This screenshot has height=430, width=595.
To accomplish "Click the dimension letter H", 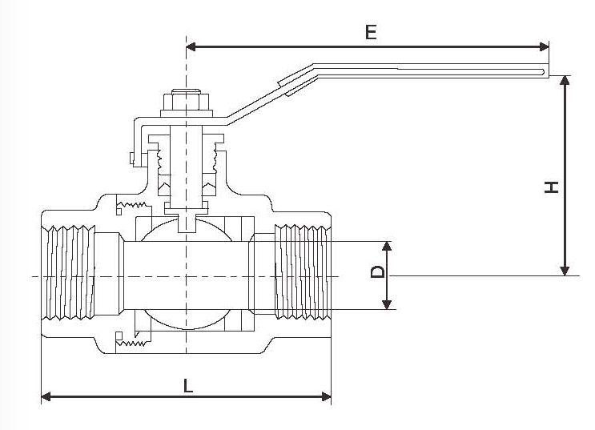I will point(551,187).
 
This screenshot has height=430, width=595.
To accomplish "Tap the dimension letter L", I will point(187,385).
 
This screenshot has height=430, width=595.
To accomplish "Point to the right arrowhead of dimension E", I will point(545,46).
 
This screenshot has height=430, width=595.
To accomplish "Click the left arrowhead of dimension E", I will point(191,46).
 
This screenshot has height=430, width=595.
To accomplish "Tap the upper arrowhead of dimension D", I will point(387,246).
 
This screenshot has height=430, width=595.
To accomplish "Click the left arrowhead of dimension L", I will point(46,396).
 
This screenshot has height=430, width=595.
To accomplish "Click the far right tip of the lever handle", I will point(549,73).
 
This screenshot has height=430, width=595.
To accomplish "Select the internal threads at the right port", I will point(302,272).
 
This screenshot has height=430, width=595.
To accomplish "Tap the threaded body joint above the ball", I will point(129,209).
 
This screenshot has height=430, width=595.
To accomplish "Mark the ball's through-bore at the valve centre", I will point(186,275).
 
